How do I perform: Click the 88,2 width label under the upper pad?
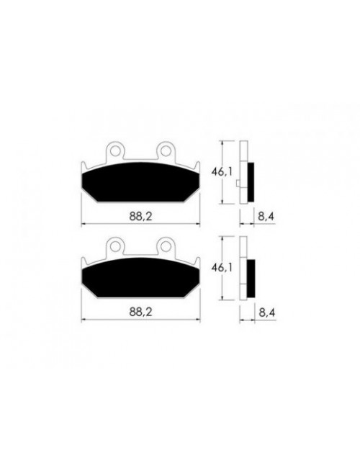coord(140,216)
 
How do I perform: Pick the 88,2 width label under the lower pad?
coord(140,311)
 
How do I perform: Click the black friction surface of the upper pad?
coord(140,184)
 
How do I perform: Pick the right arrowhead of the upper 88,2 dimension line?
coord(199,224)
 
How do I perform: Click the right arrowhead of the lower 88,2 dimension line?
coord(199,319)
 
